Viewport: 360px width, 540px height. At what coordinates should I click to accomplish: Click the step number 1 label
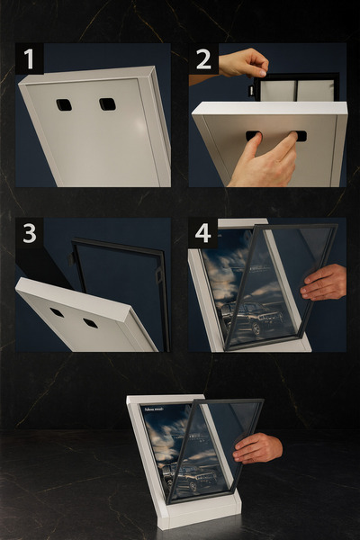tap(29, 59)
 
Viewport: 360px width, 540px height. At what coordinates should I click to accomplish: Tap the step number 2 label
tap(203, 59)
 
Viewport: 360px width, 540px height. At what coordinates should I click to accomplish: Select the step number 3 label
tap(29, 233)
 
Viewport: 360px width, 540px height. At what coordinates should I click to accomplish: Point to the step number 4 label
tap(203, 233)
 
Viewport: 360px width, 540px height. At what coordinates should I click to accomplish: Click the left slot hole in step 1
tap(64, 104)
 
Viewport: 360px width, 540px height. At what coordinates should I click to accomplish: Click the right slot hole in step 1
tap(107, 103)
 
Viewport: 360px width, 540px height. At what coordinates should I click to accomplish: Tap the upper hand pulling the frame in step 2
tap(244, 62)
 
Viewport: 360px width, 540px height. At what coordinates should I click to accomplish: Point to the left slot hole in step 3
tap(57, 312)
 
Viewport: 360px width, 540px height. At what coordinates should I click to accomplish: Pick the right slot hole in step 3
tap(90, 322)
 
